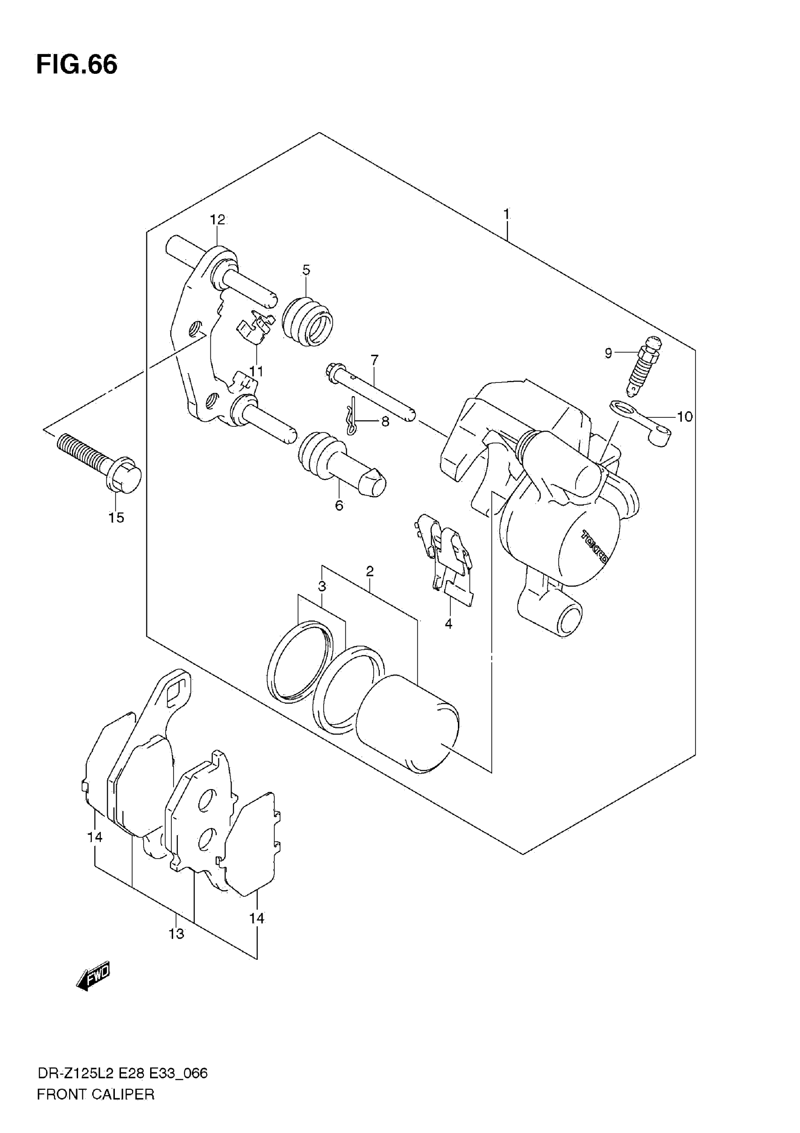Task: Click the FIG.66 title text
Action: click(x=77, y=65)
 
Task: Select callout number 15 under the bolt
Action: click(x=117, y=518)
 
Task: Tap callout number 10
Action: click(x=685, y=417)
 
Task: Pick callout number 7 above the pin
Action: click(x=375, y=360)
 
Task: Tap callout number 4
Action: click(x=448, y=624)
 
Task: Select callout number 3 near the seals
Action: click(x=322, y=587)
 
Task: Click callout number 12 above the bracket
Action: click(x=217, y=220)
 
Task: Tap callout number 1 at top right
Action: click(x=506, y=214)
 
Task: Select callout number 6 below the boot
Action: click(x=339, y=505)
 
